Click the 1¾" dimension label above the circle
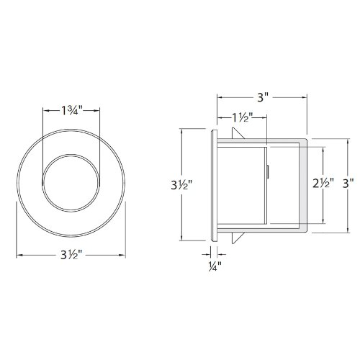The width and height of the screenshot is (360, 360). click(71, 111)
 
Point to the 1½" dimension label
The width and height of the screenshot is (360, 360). click(242, 117)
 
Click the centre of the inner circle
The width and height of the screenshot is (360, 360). click(71, 185)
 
